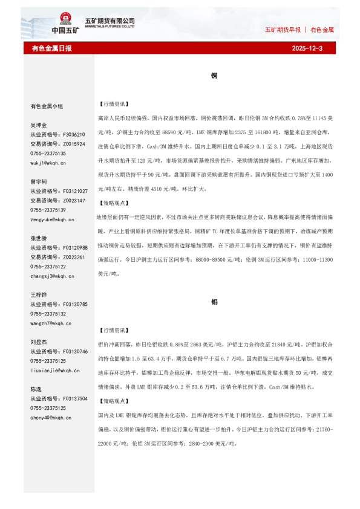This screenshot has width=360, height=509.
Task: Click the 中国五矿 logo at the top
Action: point(64,24)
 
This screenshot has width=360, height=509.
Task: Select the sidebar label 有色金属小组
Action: point(47,106)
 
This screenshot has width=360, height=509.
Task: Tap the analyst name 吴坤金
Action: point(39,125)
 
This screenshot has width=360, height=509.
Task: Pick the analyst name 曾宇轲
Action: point(39,182)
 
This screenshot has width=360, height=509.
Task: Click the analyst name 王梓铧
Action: point(39,295)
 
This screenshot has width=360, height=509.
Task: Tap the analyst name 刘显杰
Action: point(39,342)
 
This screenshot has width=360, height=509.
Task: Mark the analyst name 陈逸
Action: point(36,389)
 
